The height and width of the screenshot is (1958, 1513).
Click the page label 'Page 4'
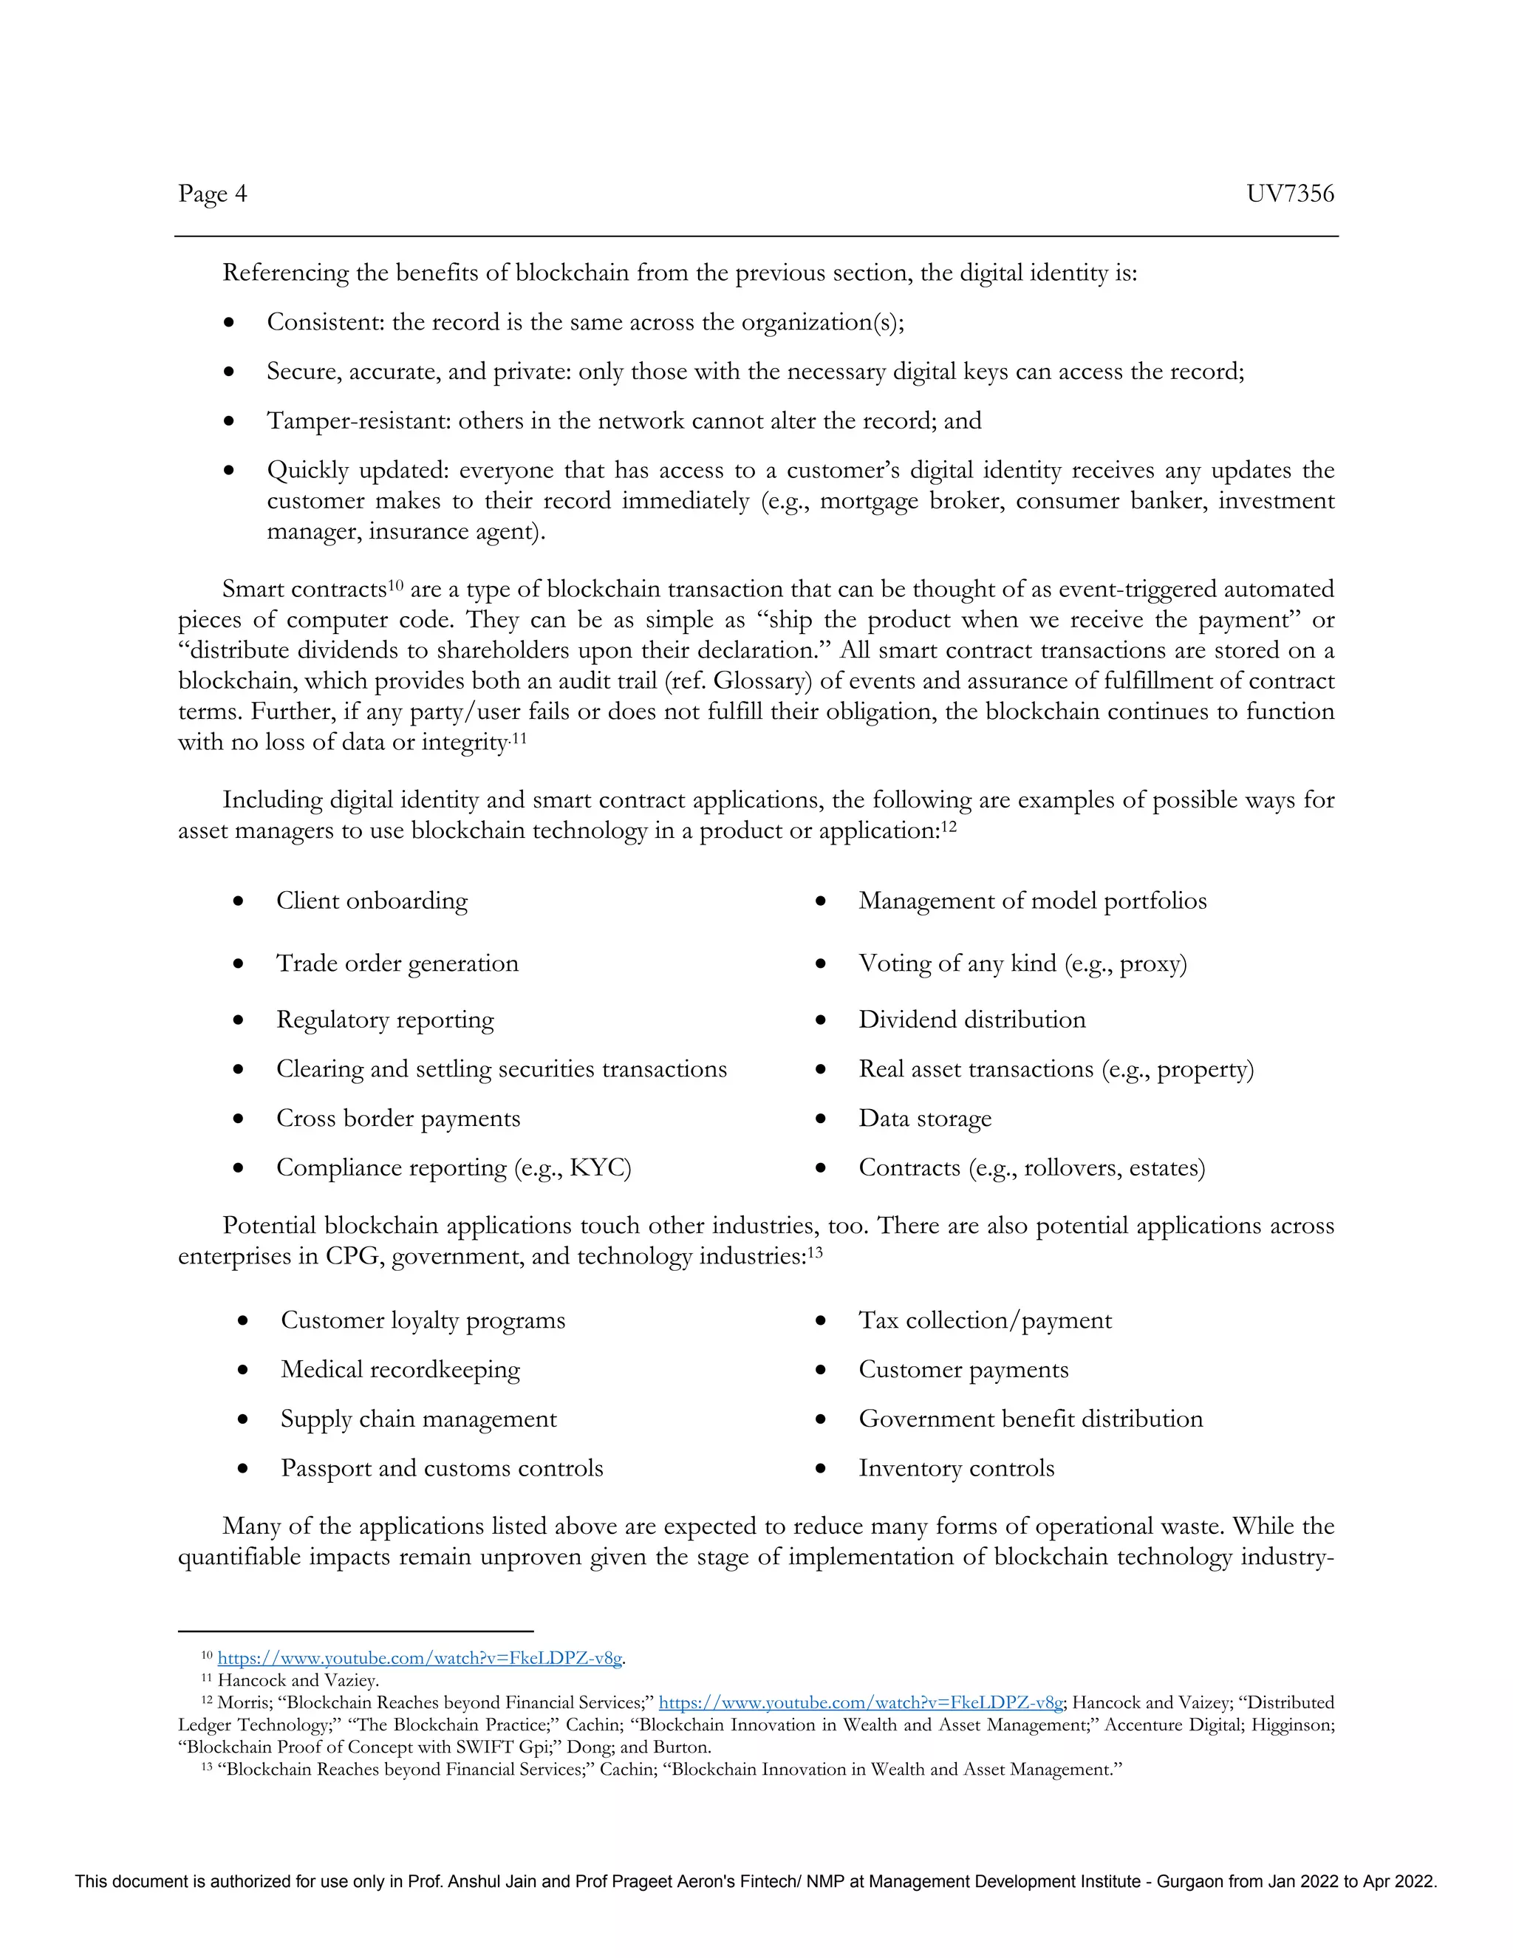click(x=213, y=194)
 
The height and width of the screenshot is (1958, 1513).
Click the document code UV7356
click(x=1289, y=194)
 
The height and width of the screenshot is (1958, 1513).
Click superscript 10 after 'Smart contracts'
click(x=396, y=584)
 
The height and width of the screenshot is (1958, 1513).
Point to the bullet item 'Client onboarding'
click(x=371, y=900)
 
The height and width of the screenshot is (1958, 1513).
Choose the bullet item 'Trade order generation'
click(x=397, y=963)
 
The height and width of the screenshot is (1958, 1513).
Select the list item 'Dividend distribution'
click(x=971, y=1020)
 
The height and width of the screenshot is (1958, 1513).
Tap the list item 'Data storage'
click(x=925, y=1118)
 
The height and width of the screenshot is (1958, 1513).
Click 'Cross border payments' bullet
click(x=398, y=1118)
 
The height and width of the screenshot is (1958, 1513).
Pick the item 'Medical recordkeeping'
click(x=400, y=1369)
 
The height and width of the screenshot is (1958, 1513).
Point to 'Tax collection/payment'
click(x=985, y=1320)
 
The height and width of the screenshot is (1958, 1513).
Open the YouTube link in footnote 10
click(x=420, y=1659)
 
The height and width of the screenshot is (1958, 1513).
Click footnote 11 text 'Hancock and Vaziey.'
click(x=298, y=1681)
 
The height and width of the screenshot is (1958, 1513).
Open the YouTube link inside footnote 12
click(x=861, y=1702)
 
